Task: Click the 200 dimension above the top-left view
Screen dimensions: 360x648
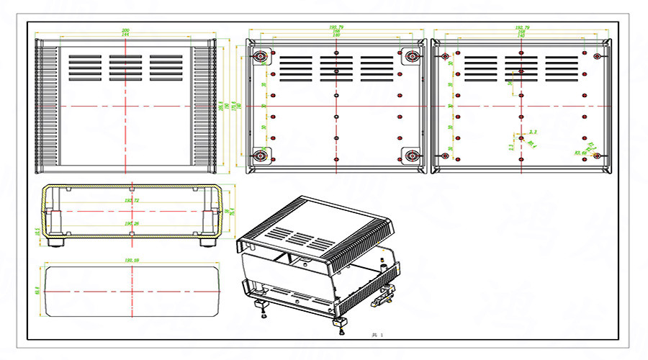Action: (x=127, y=30)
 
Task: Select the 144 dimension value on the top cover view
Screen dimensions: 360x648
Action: (x=127, y=35)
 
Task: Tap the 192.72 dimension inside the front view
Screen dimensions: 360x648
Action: (x=132, y=200)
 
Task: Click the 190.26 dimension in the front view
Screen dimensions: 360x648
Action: (x=132, y=224)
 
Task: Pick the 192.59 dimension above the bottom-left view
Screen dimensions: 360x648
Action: (x=132, y=260)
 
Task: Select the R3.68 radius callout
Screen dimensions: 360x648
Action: (x=578, y=153)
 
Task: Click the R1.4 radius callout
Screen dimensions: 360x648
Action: (x=532, y=144)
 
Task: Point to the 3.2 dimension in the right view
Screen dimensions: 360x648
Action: (x=533, y=132)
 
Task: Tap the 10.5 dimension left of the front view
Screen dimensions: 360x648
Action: (x=37, y=231)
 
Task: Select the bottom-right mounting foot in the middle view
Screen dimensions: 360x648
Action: (x=412, y=156)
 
